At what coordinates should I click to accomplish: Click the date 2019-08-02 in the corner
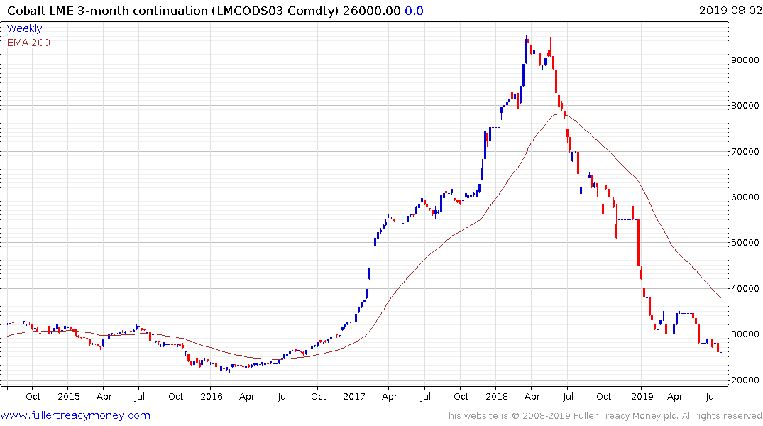tap(729, 10)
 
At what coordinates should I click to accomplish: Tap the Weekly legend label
tap(24, 28)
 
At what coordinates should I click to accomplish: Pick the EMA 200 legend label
tap(28, 43)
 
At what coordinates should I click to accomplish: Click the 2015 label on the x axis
tap(69, 396)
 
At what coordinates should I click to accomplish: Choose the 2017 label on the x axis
tap(354, 396)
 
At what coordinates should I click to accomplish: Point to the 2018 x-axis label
tap(498, 396)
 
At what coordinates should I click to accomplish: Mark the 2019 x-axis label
tap(641, 396)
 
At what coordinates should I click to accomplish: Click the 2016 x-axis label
tap(212, 396)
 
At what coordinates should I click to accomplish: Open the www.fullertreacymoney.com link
tap(75, 415)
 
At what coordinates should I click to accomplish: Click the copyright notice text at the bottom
tap(603, 415)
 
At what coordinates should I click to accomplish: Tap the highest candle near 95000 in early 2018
tap(527, 39)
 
